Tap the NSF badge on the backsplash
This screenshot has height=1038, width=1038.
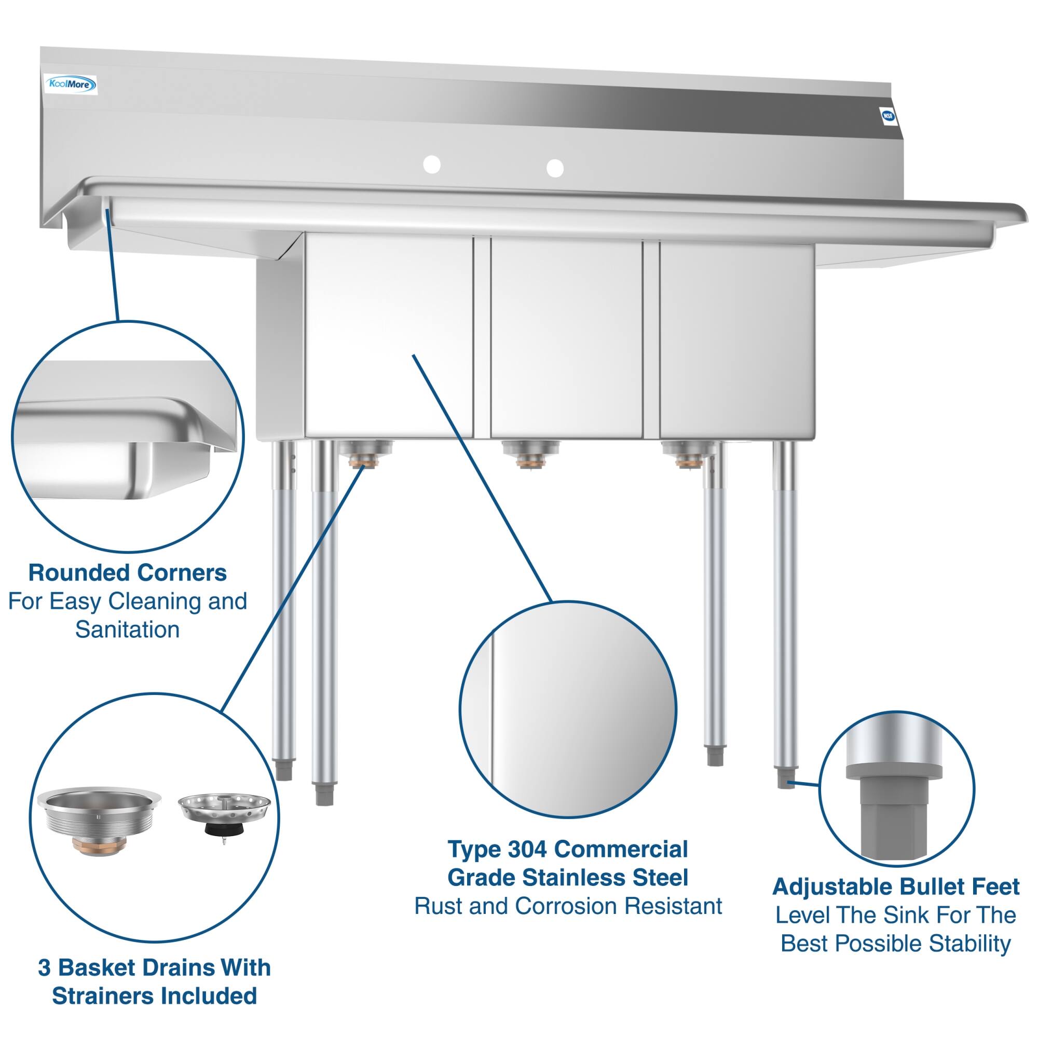tap(887, 116)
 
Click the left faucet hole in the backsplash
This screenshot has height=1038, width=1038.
tap(431, 165)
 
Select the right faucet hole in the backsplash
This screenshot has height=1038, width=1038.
tap(555, 168)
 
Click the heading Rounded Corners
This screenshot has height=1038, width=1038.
tap(127, 573)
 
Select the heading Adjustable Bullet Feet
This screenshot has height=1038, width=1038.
tap(896, 886)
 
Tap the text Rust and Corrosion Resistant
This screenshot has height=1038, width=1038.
tap(568, 906)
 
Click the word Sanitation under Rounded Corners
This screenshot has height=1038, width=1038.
tap(127, 630)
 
